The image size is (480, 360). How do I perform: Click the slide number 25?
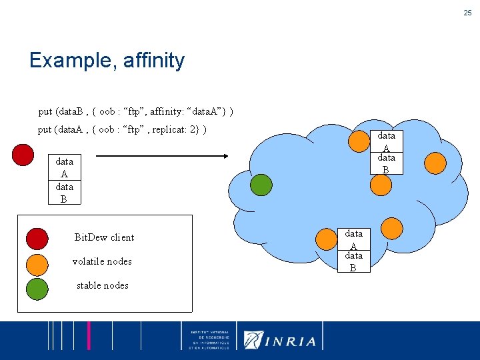(x=467, y=13)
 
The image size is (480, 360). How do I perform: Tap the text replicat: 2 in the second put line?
(x=175, y=129)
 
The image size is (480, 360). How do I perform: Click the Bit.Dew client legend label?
(x=104, y=237)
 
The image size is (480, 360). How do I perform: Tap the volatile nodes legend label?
(x=102, y=261)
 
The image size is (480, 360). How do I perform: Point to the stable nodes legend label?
(x=102, y=285)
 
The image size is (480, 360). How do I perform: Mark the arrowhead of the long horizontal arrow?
(x=226, y=157)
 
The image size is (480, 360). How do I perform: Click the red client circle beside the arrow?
(x=23, y=154)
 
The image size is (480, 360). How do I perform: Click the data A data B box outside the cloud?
(x=65, y=180)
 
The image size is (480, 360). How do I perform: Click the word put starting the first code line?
(x=45, y=111)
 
